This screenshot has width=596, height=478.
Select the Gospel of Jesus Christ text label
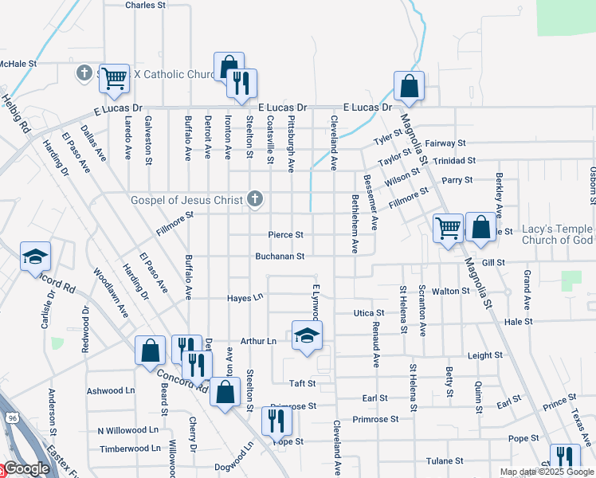point(188,199)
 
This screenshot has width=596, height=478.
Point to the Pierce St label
point(285,235)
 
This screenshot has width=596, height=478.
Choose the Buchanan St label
point(280,257)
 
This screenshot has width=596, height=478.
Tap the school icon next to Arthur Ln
point(307,335)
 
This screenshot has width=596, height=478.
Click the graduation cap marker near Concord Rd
point(34,257)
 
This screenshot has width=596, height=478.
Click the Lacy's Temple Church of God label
point(557,234)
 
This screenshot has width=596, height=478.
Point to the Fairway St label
point(445,143)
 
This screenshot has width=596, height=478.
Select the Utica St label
point(369,314)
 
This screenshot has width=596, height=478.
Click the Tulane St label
point(445,460)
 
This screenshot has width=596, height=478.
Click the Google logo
point(25,468)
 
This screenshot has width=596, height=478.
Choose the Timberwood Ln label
point(129,449)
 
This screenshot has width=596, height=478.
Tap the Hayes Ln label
point(245,298)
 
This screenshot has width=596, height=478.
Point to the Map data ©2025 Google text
point(546,472)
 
